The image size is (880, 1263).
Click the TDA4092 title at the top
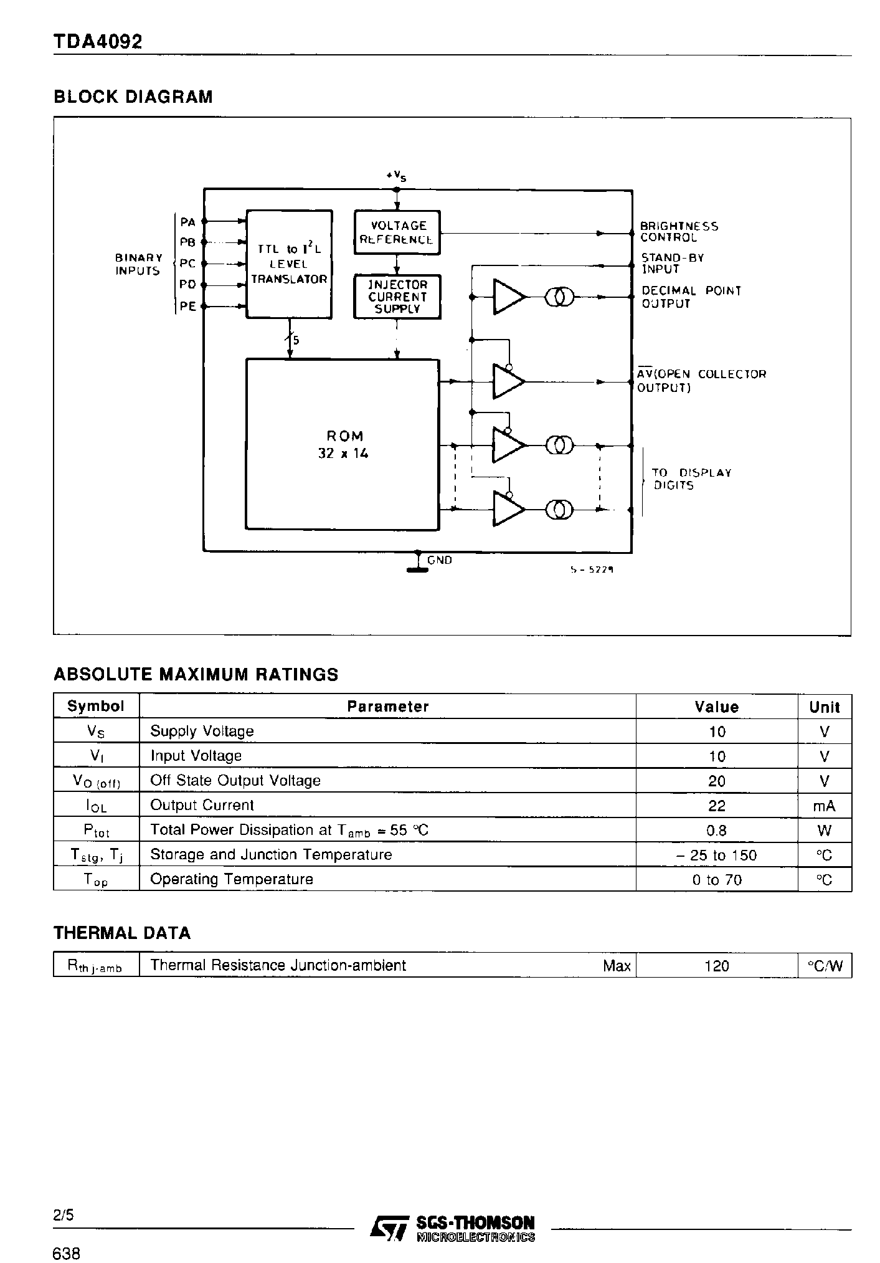(98, 42)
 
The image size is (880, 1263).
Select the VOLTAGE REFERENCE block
(397, 232)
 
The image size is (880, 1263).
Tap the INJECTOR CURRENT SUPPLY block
(397, 297)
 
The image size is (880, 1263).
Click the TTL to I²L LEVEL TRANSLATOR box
(289, 264)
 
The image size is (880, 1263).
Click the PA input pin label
(187, 222)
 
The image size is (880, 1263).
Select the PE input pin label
(187, 306)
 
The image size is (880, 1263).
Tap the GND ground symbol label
(440, 560)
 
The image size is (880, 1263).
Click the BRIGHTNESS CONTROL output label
(678, 232)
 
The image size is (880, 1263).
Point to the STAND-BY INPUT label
(672, 264)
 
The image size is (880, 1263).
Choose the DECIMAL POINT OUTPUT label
(691, 297)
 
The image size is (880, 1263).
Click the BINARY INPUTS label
(138, 264)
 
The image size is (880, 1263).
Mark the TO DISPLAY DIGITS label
(691, 479)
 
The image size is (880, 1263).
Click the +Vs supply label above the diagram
(397, 176)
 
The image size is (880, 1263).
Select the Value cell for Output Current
(717, 806)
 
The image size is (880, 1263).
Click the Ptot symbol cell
(96, 831)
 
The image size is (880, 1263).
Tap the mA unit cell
(824, 806)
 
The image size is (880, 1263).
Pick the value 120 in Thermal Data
(717, 966)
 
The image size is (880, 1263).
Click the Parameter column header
(387, 707)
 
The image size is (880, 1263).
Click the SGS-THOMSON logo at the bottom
(453, 1228)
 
